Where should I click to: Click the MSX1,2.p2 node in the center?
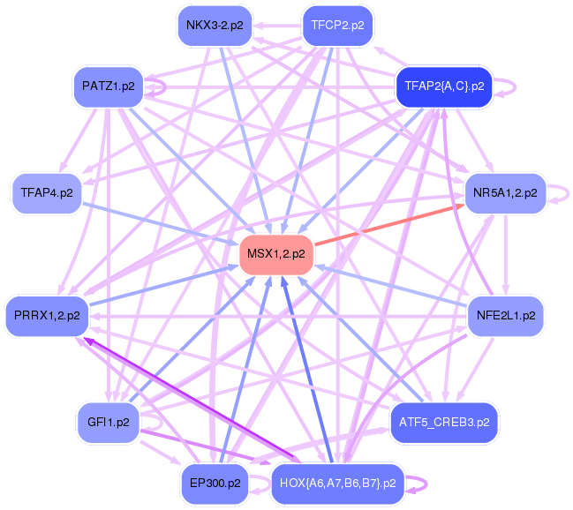click(276, 254)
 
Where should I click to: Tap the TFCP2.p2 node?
click(337, 26)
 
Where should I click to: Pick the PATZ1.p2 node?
click(108, 86)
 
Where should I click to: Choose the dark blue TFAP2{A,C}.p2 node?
click(443, 86)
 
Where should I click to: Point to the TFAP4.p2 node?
click(47, 191)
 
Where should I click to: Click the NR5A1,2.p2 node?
click(505, 192)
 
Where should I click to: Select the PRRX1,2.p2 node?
click(47, 314)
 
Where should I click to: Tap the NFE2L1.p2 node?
click(505, 314)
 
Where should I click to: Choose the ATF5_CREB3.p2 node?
click(444, 423)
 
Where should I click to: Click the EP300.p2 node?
click(215, 483)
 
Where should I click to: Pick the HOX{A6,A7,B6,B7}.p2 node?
click(337, 483)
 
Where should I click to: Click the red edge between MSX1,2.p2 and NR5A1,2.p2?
click(388, 225)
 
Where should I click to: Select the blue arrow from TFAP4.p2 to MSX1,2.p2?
click(159, 221)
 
